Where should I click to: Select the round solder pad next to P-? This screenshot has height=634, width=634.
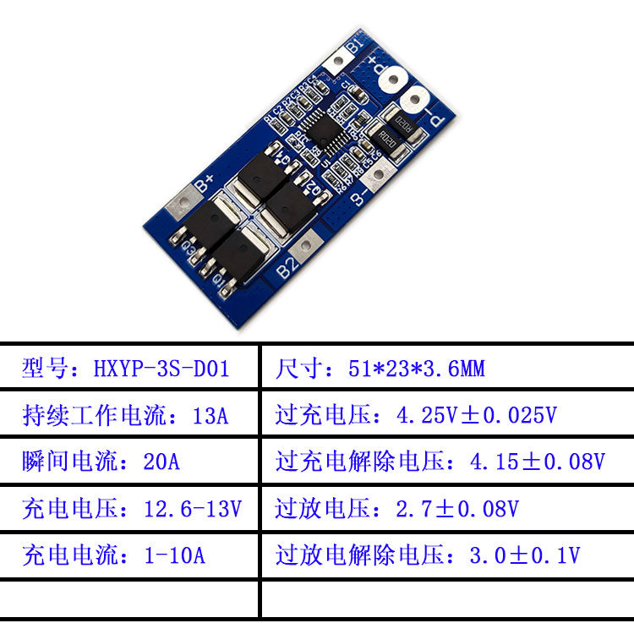tap(416, 101)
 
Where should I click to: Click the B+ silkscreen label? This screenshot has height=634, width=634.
tap(205, 182)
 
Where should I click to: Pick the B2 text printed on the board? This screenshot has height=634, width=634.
tap(288, 270)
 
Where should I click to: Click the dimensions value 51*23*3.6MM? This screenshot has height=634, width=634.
tap(416, 369)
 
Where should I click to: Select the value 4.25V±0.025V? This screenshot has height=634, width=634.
tap(477, 416)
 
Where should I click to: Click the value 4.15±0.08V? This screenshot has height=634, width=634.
tap(537, 462)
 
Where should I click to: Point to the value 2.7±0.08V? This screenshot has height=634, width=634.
tap(456, 509)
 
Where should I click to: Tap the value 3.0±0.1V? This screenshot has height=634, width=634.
tap(524, 555)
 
